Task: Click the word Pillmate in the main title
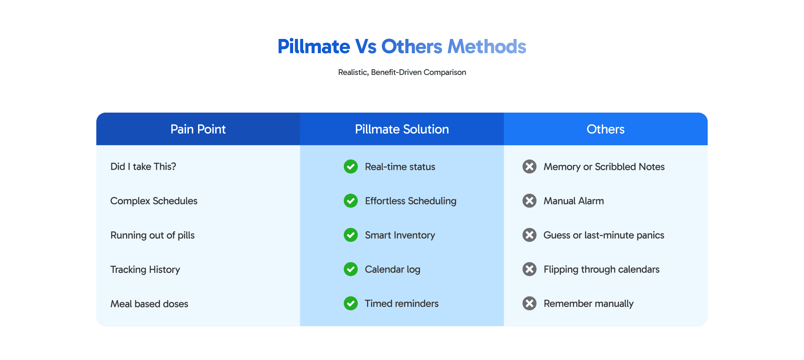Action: coord(314,46)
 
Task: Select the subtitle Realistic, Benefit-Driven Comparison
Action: coord(402,72)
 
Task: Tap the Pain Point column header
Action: coord(198,129)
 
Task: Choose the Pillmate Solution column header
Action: coord(402,129)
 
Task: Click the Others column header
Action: coord(606,129)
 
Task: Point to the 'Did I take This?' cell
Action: coord(143,167)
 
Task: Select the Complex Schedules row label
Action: coord(154,201)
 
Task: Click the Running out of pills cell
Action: coord(152,235)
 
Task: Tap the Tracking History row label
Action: coord(145,270)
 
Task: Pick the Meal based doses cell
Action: coord(149,304)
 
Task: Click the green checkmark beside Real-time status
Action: coord(351,167)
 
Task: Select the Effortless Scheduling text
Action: coord(411,201)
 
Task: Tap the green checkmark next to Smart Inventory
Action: coord(351,235)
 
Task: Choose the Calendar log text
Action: coord(393,270)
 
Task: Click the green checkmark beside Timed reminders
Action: coord(351,303)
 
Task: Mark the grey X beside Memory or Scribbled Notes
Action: coord(529,167)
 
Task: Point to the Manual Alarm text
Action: coord(574,201)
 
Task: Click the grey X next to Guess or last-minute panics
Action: coord(529,235)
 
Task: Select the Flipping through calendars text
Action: coord(602,270)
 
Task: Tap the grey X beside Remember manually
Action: coord(529,303)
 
